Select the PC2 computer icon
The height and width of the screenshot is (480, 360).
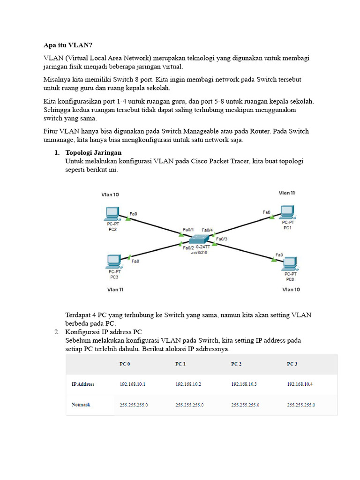point(112,214)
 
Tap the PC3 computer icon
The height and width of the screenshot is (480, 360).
point(113,261)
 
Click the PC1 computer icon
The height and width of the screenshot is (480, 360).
point(287,212)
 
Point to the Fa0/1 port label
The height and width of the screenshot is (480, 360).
point(188,230)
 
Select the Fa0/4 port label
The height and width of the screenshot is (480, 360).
point(207,230)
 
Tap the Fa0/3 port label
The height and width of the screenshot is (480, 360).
point(222,239)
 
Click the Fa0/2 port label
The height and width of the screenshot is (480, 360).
point(188,248)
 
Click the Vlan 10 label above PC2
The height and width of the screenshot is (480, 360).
point(110,195)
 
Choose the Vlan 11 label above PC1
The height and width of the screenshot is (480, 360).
point(287,193)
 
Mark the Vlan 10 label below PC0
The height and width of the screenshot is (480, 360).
point(291,289)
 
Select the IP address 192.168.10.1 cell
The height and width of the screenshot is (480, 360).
point(133,384)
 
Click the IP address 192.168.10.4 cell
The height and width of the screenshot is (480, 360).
point(300,384)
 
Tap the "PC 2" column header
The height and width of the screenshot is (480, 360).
point(236,364)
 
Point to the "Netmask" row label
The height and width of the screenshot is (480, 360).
point(81,404)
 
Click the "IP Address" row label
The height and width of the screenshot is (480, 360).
point(83,384)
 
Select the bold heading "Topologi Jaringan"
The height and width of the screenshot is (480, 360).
point(93,153)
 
